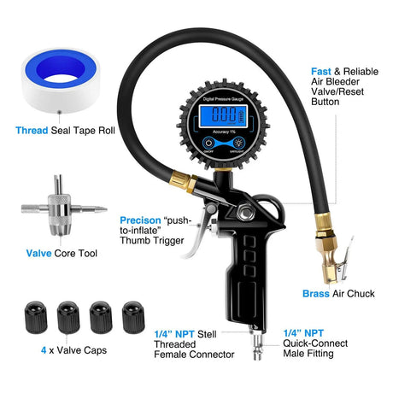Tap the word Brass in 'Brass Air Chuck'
(x=316, y=294)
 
